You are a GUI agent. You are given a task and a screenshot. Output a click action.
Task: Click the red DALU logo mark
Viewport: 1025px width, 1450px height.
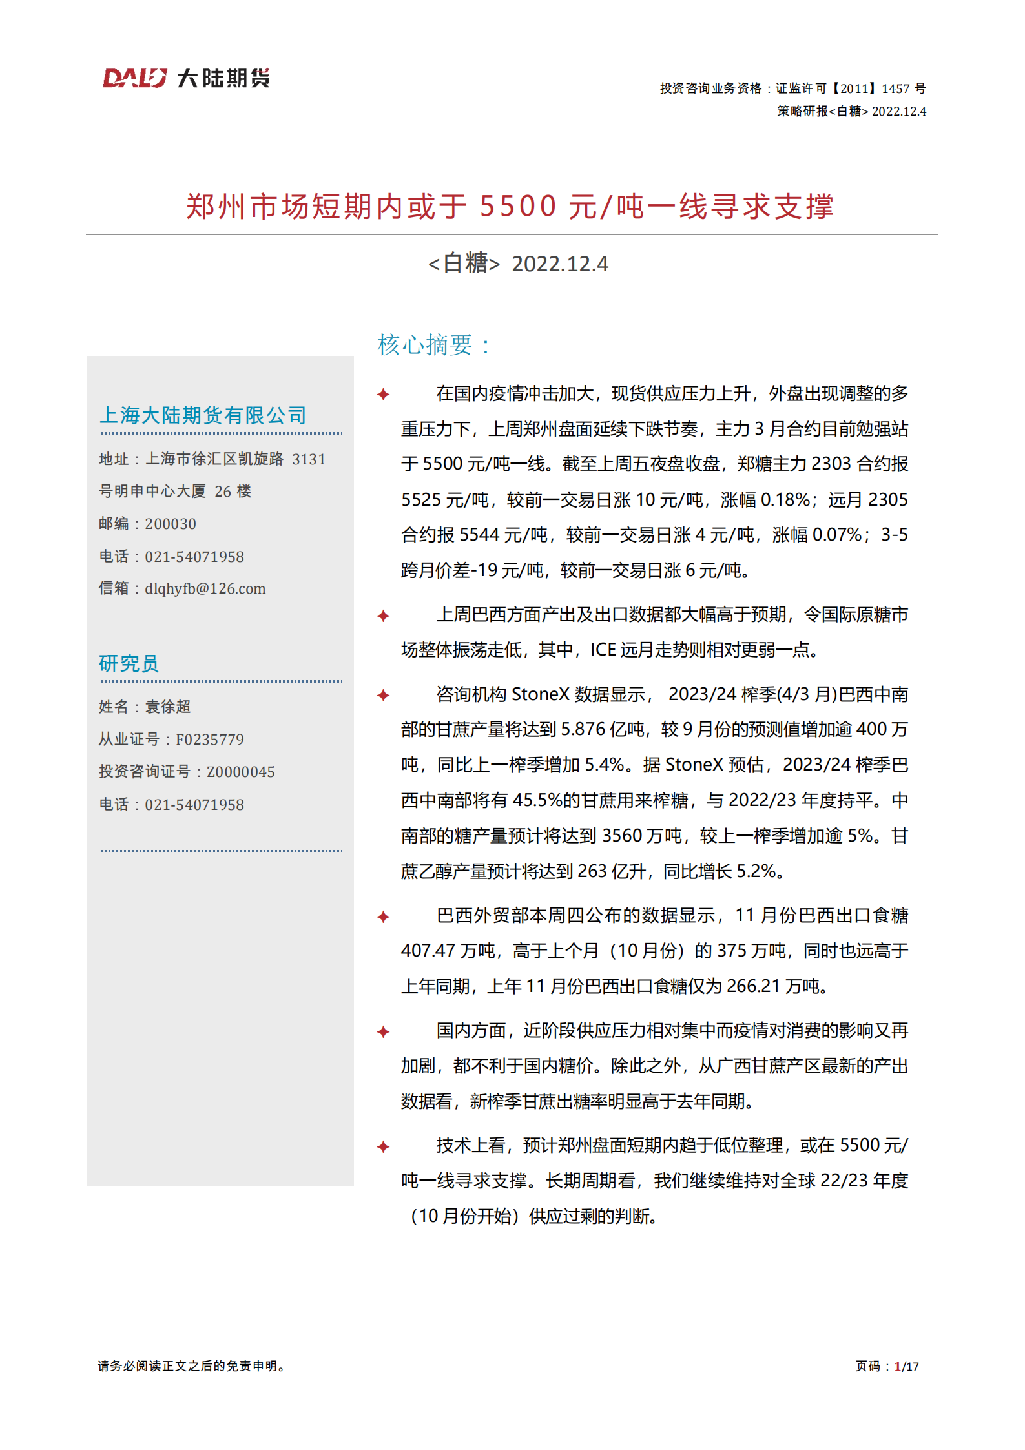click(134, 78)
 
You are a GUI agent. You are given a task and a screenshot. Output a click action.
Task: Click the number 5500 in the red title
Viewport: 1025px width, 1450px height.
click(517, 207)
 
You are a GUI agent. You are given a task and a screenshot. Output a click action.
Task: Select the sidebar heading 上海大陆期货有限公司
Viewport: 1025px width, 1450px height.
click(203, 415)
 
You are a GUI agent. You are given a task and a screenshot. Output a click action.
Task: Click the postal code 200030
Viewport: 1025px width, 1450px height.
click(171, 524)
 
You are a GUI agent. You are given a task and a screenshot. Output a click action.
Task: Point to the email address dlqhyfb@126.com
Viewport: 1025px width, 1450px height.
click(205, 588)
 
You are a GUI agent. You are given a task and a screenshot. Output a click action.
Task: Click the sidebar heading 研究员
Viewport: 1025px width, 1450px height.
click(129, 663)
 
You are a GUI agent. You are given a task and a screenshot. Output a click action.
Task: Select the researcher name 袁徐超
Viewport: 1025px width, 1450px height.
click(168, 707)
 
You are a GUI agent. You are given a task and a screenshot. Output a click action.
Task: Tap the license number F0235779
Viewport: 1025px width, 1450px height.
click(210, 739)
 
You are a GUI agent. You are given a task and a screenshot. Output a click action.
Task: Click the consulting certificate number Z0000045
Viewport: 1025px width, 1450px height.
click(240, 771)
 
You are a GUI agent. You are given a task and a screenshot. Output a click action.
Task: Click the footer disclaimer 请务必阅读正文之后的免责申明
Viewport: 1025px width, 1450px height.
click(191, 1365)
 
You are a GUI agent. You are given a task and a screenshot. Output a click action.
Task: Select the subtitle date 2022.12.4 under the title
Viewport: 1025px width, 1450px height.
click(559, 264)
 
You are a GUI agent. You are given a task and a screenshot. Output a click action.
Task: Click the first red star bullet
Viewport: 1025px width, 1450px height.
click(384, 394)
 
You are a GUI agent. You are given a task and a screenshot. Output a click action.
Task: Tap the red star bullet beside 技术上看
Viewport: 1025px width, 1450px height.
click(384, 1146)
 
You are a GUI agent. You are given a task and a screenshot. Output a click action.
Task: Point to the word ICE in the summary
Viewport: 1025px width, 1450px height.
click(603, 650)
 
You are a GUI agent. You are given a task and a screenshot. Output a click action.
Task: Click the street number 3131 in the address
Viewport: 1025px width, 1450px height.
click(309, 459)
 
